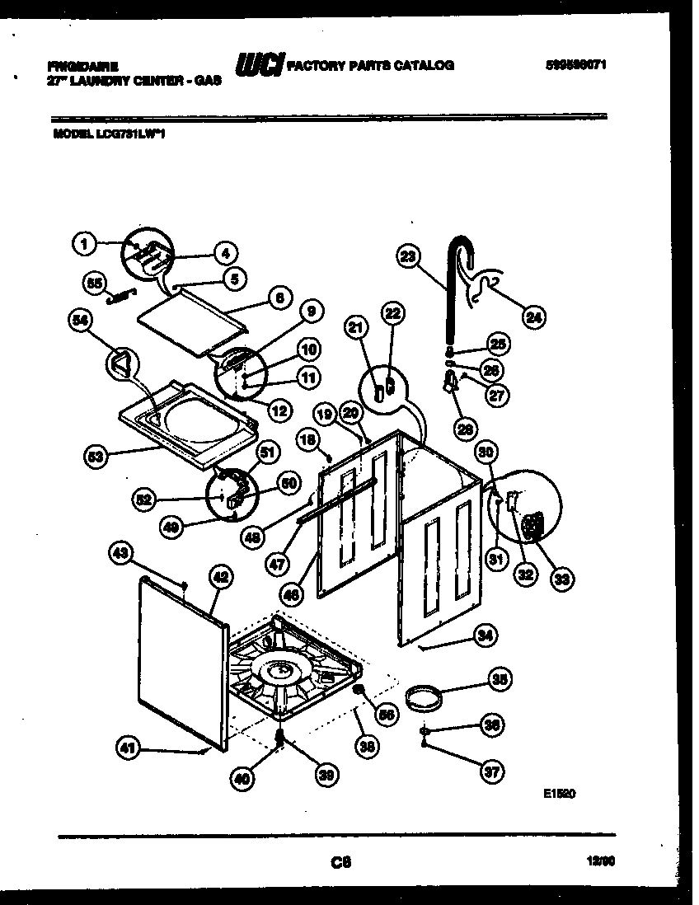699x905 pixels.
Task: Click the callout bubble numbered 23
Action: coord(406,256)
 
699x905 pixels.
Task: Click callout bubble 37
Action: coord(492,771)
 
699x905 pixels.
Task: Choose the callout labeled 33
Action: coord(561,579)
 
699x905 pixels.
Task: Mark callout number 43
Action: coord(120,556)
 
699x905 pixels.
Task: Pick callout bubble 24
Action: coord(533,315)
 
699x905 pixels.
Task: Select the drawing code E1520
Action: coord(559,795)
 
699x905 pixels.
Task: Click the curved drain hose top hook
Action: coord(459,246)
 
